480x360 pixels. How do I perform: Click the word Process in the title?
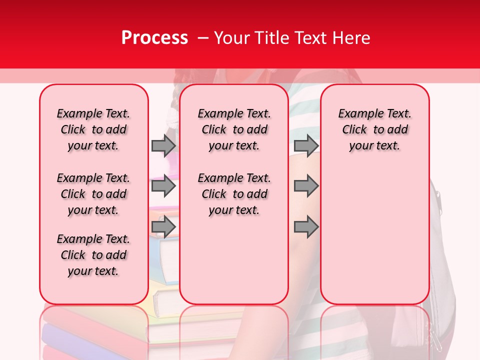tap(154, 38)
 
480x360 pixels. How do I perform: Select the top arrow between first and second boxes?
tap(163, 145)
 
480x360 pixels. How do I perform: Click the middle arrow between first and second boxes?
tap(163, 186)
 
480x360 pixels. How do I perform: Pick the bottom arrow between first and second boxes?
tap(163, 227)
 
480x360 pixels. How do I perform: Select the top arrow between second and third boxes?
tap(306, 145)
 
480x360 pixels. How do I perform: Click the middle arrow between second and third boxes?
tap(306, 186)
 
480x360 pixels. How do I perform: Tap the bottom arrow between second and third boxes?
tap(306, 227)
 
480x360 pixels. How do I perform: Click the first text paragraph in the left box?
tap(93, 129)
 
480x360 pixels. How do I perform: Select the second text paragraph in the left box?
tap(93, 194)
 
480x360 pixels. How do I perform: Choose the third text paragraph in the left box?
tap(93, 255)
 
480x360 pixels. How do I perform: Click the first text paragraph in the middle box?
tap(234, 129)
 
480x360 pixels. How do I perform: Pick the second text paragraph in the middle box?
tap(234, 194)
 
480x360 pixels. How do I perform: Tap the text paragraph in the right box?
tap(375, 129)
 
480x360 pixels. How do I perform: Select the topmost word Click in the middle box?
tap(214, 130)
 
